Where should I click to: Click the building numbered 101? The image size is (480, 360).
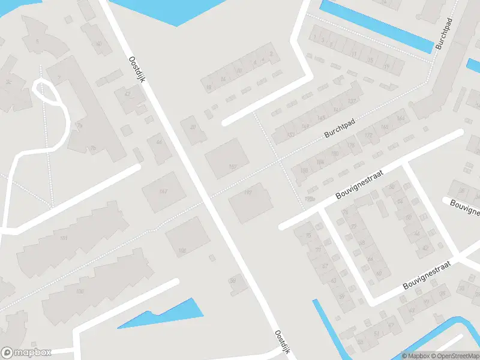coord(64,239)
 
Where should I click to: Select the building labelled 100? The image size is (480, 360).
coord(79,292)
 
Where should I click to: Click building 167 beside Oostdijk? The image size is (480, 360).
coord(232,166)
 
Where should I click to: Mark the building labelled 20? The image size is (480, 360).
coord(193,127)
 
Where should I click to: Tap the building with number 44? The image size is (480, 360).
coord(159,142)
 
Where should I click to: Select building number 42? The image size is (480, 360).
coord(127,94)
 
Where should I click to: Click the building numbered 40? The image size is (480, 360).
coord(99,44)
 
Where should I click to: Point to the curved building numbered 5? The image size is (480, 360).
coord(37,41)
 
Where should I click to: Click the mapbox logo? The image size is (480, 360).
coord(26,353)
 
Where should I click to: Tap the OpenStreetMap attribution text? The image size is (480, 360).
coord(452,356)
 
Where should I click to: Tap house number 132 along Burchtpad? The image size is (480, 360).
coord(352,101)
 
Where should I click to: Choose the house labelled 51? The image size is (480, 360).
coord(377,334)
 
